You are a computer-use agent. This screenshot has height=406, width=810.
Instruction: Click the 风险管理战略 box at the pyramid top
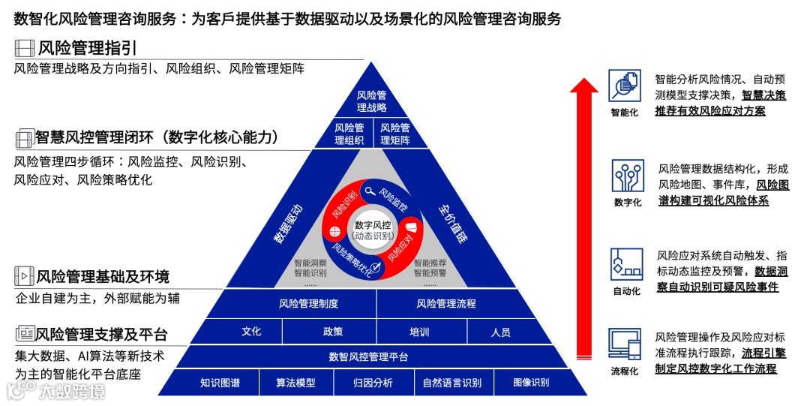pos(371,101)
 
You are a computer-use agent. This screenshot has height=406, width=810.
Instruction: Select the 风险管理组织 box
pos(349,134)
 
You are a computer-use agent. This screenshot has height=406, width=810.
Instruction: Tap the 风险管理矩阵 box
pos(395,134)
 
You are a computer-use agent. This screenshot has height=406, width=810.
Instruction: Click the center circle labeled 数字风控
pos(372,230)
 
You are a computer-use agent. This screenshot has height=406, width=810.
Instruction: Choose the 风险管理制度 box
pos(308,304)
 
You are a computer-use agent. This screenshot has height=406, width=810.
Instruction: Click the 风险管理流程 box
pos(446,304)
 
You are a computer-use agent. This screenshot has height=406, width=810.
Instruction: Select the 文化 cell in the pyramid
pos(252,331)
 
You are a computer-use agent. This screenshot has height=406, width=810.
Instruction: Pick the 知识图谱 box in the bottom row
pos(220,383)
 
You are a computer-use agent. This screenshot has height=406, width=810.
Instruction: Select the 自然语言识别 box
pos(452,383)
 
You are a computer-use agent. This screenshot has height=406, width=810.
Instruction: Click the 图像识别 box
pos(531,383)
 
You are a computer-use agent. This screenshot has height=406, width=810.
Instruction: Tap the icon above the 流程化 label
pos(625,344)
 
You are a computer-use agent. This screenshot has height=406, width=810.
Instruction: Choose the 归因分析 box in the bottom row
pos(373,383)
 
